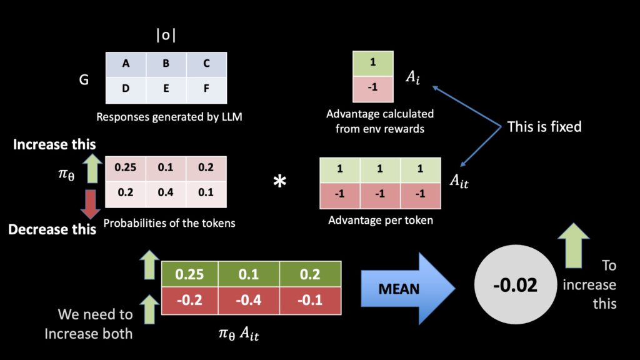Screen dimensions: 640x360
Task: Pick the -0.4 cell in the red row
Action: [249, 301]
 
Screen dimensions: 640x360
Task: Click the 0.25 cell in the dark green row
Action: [190, 274]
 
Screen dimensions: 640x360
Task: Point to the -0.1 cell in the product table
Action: [310, 301]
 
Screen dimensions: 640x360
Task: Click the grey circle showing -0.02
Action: [516, 284]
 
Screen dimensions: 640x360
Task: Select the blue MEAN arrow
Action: [407, 289]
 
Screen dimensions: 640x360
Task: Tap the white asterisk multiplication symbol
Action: [279, 181]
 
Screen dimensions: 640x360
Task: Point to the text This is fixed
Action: [544, 126]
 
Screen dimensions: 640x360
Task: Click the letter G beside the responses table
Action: [84, 79]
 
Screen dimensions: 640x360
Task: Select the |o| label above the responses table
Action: [166, 35]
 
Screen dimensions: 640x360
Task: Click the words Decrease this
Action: [52, 229]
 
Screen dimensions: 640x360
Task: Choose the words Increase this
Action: [54, 144]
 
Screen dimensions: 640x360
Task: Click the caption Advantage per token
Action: [381, 221]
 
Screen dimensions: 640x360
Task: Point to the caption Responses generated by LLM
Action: [169, 117]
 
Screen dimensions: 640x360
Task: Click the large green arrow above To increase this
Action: [574, 245]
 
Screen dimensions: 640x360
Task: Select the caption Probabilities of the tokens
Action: [169, 223]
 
